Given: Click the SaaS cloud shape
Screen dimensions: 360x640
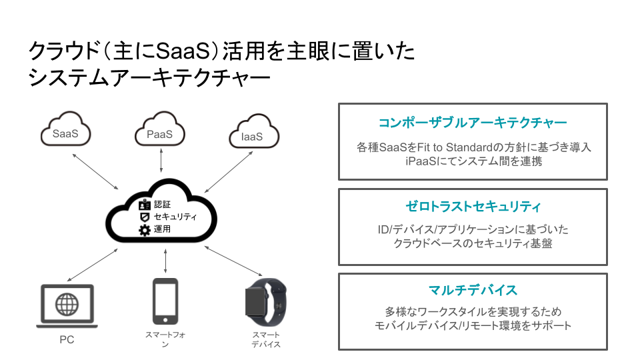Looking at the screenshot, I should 65,131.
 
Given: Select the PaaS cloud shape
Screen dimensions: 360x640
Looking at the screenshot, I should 160,131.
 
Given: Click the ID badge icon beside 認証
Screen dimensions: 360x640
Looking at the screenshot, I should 145,205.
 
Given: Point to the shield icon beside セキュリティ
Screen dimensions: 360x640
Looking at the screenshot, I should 144,217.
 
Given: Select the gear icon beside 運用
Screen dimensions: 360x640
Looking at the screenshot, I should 145,231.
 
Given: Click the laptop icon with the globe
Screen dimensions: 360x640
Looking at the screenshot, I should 67,306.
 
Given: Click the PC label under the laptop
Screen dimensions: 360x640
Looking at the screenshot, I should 67,340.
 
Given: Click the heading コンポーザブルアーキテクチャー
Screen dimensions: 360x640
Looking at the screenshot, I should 473,123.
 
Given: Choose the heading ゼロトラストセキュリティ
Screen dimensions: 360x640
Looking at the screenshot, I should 473,207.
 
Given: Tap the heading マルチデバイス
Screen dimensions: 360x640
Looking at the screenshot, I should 473,291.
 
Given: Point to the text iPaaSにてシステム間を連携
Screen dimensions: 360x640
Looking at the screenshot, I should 473,161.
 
